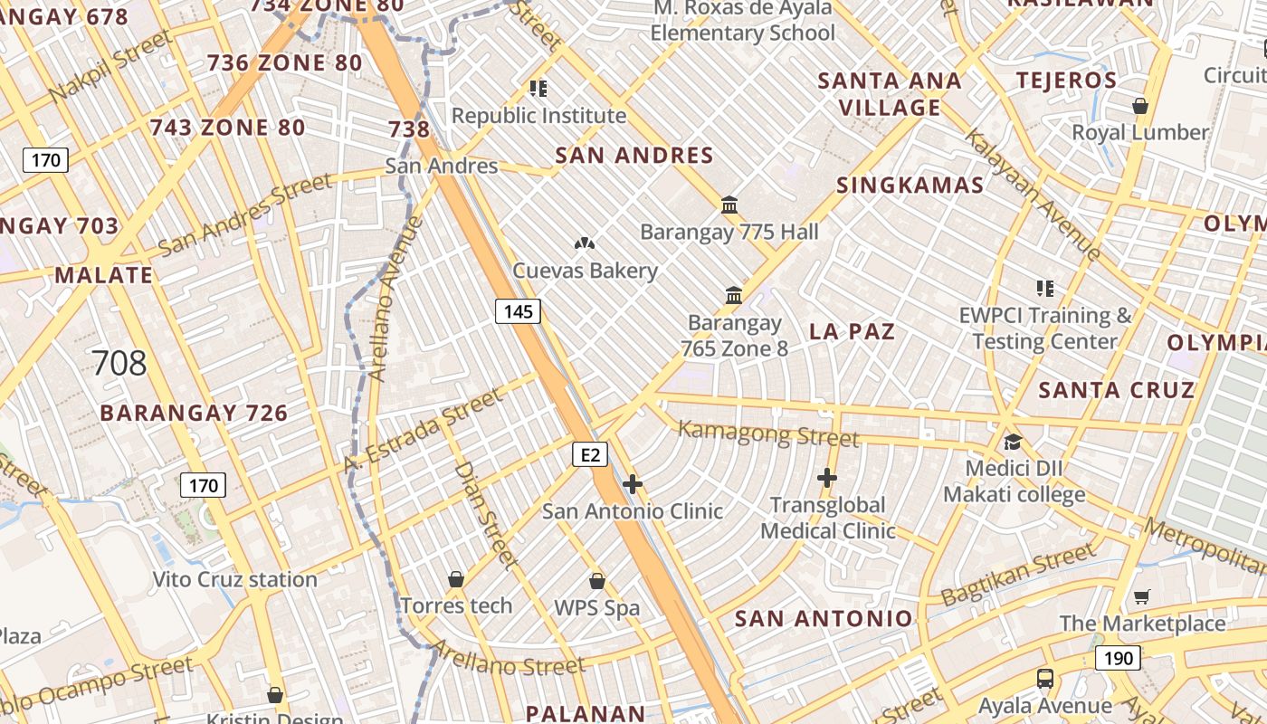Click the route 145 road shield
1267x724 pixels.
pos(518,311)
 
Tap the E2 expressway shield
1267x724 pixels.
pos(589,454)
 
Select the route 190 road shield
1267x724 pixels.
pos(1118,658)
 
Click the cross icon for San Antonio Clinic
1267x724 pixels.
pos(633,485)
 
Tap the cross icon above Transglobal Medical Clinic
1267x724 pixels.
pos(827,478)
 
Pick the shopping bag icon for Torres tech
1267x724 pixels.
pos(456,579)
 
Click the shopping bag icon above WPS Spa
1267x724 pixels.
pos(596,581)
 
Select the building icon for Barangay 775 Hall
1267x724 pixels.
pos(729,205)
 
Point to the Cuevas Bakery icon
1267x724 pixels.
pos(585,243)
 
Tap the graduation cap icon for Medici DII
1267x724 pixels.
pos(1013,442)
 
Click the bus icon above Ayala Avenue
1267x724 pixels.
pos(1045,678)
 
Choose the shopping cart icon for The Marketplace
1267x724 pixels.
pos(1141,596)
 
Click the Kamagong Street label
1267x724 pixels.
pos(768,434)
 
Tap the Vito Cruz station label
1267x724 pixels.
pos(234,579)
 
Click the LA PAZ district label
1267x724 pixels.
pos(852,331)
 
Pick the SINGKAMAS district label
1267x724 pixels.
pos(910,186)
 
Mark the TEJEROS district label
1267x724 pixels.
pos(1066,80)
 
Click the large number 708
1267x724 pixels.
pos(119,363)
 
